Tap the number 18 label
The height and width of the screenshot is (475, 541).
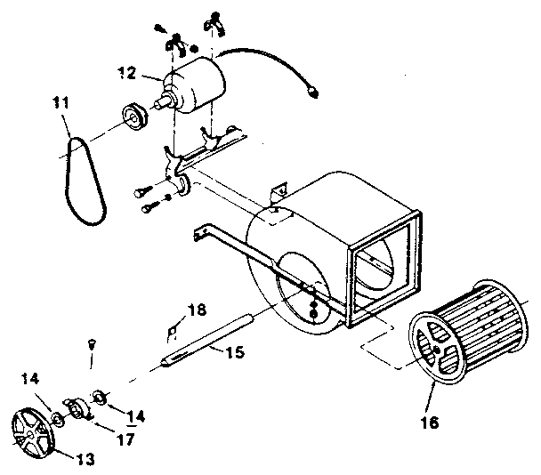[x=196, y=310]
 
